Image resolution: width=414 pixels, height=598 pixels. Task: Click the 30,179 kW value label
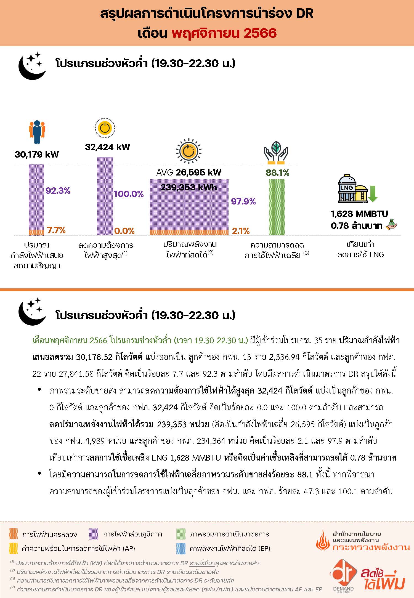pyautogui.click(x=37, y=154)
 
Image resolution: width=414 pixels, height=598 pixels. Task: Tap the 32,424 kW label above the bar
pyautogui.click(x=107, y=147)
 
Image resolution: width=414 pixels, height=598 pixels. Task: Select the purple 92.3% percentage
pyautogui.click(x=58, y=190)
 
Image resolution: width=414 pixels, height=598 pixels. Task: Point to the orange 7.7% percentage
pyautogui.click(x=56, y=230)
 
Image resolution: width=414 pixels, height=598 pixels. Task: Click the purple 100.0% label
pyautogui.click(x=129, y=194)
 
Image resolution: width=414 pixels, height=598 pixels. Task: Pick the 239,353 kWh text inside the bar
pyautogui.click(x=189, y=187)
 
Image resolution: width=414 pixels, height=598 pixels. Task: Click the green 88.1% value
pyautogui.click(x=277, y=173)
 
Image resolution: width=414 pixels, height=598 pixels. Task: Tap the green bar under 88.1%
pyautogui.click(x=277, y=207)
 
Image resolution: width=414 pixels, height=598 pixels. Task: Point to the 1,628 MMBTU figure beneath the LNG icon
pyautogui.click(x=359, y=214)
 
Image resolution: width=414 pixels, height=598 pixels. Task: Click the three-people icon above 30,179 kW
pyautogui.click(x=37, y=132)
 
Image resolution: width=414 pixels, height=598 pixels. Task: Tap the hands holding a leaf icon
pyautogui.click(x=276, y=151)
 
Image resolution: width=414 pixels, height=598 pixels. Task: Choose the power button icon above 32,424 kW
pyautogui.click(x=105, y=128)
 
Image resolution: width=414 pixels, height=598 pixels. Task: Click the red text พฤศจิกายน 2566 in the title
pyautogui.click(x=224, y=33)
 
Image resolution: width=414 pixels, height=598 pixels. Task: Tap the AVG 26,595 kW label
pyautogui.click(x=189, y=172)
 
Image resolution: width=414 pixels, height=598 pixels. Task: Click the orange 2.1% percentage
pyautogui.click(x=241, y=231)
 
